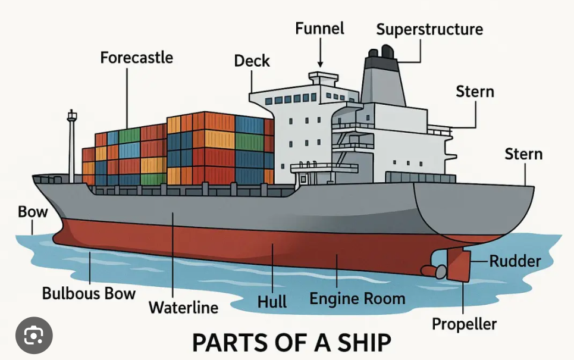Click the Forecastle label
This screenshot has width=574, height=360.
pos(136,58)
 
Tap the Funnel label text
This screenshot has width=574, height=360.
pos(320,29)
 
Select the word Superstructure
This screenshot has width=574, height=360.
pos(429,30)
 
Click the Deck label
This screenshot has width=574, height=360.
pos(252,61)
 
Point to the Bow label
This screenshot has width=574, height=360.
pos(33,212)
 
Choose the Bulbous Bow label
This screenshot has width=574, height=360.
pos(89,293)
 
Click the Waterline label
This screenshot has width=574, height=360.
pos(183,307)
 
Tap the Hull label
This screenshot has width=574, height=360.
pos(272,302)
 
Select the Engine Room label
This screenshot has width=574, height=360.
pos(357,299)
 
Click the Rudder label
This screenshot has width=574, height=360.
pos(515,261)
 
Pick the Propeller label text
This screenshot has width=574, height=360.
pos(464,324)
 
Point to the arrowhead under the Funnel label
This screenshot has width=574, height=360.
pos(320,64)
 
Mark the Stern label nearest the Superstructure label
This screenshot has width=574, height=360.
pos(475,92)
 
